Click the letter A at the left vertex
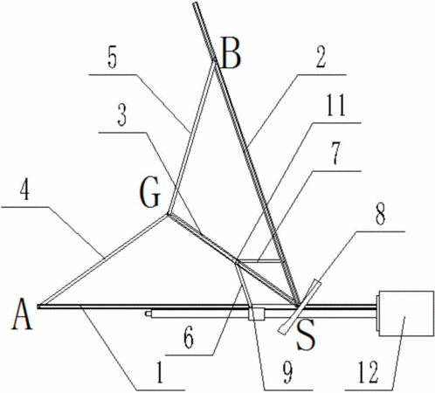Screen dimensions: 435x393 [22, 315]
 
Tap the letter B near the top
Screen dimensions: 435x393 [231, 53]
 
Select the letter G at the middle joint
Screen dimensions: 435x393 [150, 192]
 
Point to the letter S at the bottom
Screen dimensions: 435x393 [306, 335]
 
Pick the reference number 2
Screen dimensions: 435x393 [321, 57]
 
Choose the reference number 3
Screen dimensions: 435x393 [122, 116]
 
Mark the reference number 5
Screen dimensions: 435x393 [112, 59]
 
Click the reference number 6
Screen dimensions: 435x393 [189, 338]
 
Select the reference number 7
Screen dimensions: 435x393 [336, 154]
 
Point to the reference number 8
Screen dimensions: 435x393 [380, 214]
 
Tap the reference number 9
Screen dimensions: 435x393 [287, 373]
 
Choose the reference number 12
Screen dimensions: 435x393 [368, 372]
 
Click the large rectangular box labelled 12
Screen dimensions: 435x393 [406, 314]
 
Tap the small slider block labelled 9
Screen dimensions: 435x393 [256, 314]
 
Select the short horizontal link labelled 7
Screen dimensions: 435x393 [260, 260]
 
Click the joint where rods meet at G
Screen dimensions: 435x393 [168, 215]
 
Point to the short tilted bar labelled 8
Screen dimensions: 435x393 [300, 307]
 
